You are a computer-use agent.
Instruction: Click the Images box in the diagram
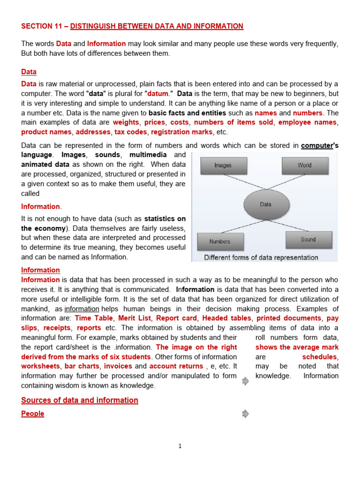point(223,165)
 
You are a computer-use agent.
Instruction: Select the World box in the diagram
point(304,165)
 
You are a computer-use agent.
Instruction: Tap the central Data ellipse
point(265,204)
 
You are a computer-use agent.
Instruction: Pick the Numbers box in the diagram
point(220,241)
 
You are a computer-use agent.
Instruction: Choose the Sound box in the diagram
point(308,240)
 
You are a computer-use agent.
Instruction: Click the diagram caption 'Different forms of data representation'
point(261,257)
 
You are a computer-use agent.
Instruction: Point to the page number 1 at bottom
point(180,446)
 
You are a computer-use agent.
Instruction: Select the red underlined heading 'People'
point(33,414)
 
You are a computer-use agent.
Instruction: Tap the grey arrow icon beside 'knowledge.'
point(245,382)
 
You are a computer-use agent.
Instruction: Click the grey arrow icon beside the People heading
point(245,414)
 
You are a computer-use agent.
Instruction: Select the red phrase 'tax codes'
point(130,132)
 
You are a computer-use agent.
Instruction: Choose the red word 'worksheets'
point(40,367)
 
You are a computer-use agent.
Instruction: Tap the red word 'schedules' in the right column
point(320,357)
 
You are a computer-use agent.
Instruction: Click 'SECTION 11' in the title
point(41,26)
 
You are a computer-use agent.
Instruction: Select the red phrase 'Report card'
point(177,318)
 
